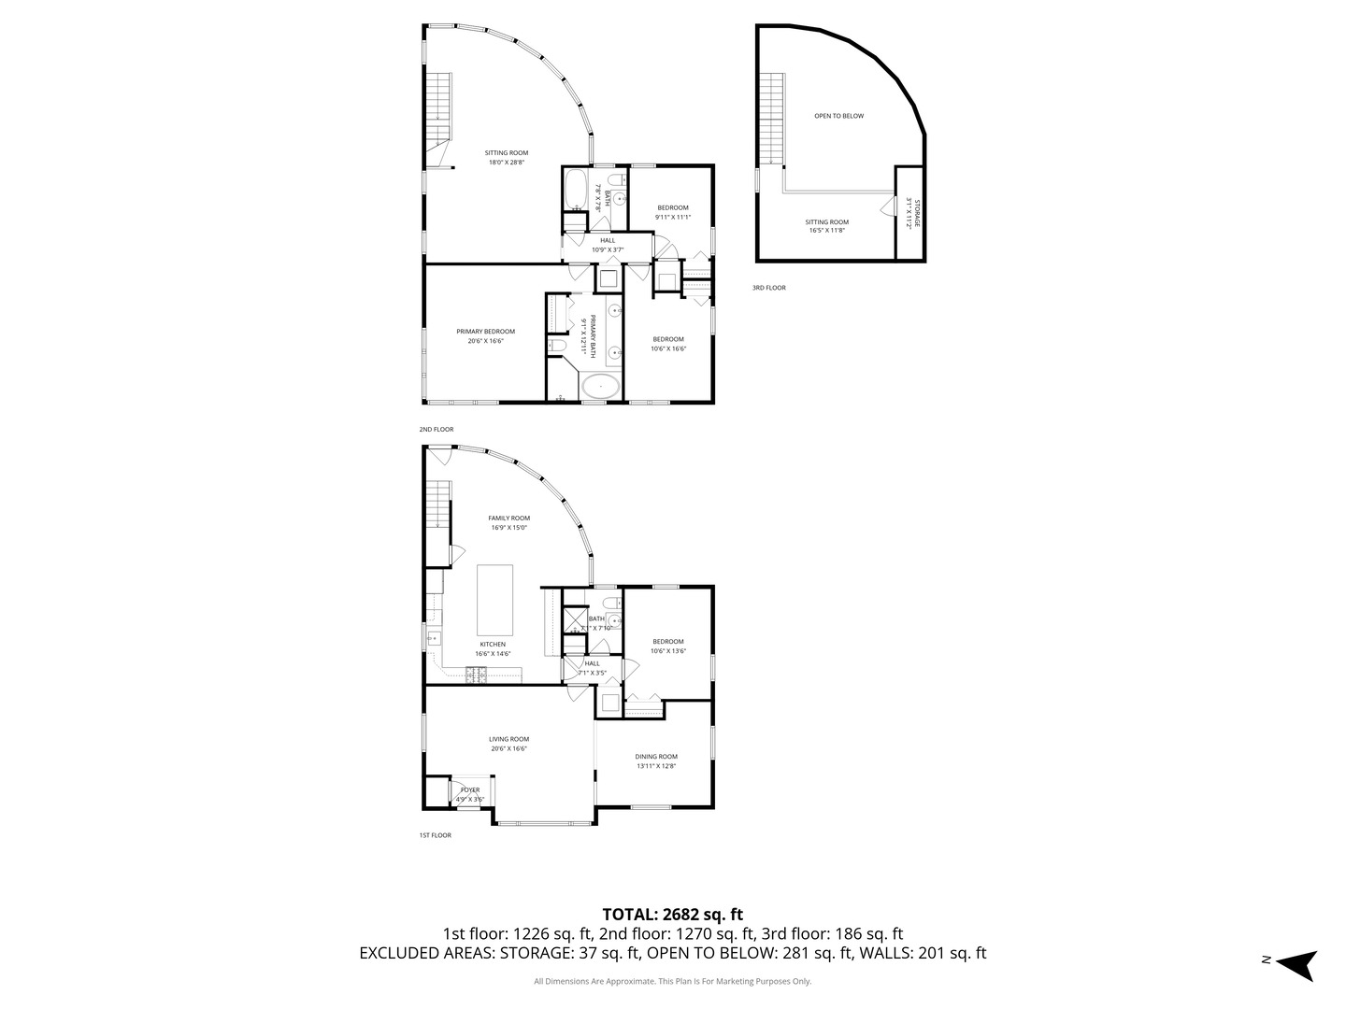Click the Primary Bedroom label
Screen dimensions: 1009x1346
[x=485, y=332]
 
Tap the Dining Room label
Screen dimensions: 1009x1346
[x=656, y=757]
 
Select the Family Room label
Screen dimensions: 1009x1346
[x=508, y=519]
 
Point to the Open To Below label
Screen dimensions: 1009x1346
[x=838, y=116]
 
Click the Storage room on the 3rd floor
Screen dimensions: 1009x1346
[x=910, y=213]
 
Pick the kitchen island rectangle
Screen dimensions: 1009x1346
[x=495, y=600]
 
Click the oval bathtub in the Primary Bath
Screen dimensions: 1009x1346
[x=600, y=386]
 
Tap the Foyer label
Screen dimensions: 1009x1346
[x=469, y=790]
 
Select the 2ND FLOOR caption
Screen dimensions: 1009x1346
[x=437, y=430]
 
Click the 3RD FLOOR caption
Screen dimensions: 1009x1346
[x=769, y=288]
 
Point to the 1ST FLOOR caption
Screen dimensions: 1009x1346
[x=435, y=835]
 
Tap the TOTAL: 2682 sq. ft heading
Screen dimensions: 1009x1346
[x=672, y=915]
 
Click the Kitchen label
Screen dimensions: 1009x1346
[x=493, y=645]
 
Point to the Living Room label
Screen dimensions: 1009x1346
[x=508, y=739]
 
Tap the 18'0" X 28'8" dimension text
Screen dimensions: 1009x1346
[x=506, y=163]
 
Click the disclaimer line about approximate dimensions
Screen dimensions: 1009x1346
[x=672, y=982]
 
